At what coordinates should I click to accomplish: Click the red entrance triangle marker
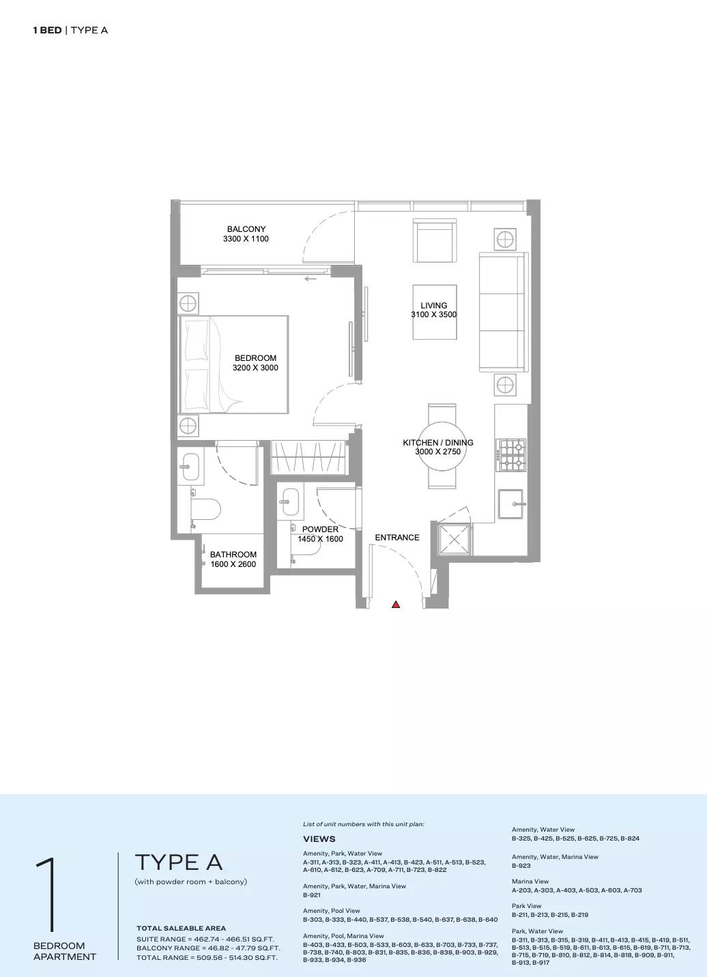click(396, 604)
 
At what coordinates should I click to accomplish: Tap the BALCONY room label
click(246, 229)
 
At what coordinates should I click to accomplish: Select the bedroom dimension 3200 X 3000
click(255, 368)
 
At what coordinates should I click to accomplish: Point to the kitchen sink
click(510, 504)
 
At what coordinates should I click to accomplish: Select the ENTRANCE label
click(397, 538)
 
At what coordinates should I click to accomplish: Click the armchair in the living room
click(435, 240)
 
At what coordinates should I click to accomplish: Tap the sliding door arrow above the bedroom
click(310, 279)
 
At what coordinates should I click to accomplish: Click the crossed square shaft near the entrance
click(454, 539)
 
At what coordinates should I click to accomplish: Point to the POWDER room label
click(320, 529)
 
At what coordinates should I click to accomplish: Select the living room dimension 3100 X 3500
click(433, 315)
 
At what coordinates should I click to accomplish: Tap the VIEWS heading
click(319, 839)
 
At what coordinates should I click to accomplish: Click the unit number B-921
click(312, 895)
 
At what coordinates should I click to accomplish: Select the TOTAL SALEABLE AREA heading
click(181, 929)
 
